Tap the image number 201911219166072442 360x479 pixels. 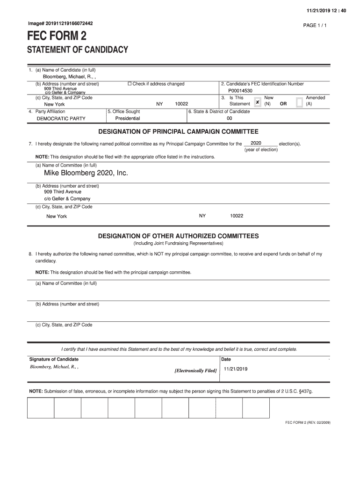coord(60,23)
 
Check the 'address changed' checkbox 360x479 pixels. coord(130,84)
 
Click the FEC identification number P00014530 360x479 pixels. coord(240,91)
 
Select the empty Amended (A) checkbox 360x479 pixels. coord(299,102)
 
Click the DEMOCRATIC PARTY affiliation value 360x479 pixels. coord(61,119)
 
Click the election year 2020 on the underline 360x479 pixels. coord(256,143)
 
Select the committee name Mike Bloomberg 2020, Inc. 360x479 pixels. coord(86,173)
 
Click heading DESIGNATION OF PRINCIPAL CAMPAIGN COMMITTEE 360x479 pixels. coord(178,132)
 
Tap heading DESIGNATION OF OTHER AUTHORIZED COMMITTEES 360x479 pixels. coord(178,236)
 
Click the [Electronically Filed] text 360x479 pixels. coord(195,370)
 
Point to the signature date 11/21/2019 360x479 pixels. coord(236,369)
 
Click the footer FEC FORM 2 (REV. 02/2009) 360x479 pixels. coord(308,422)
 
